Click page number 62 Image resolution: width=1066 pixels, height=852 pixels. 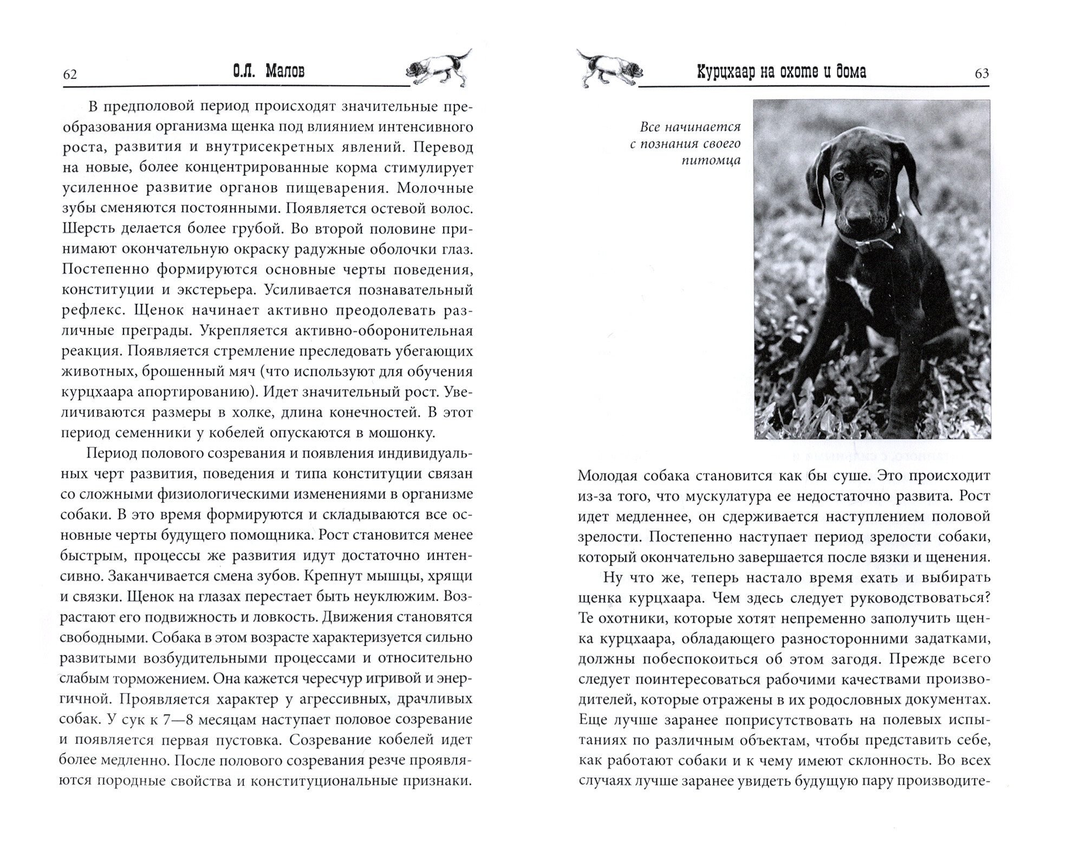pyautogui.click(x=70, y=74)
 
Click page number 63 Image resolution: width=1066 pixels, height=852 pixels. pyautogui.click(x=981, y=74)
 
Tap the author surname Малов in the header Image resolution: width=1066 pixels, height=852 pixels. pyautogui.click(x=285, y=72)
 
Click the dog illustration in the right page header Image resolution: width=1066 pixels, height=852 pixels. pyautogui.click(x=609, y=68)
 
